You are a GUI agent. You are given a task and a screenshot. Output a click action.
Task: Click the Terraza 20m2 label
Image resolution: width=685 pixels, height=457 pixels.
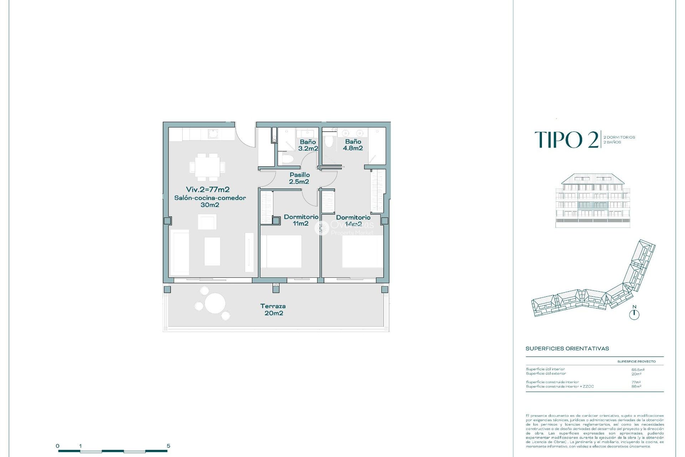[x=273, y=310]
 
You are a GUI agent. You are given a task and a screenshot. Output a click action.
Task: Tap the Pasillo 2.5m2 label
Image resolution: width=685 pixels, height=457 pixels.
[x=299, y=178]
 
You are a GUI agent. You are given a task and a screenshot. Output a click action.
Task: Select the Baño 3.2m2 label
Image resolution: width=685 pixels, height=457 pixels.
[x=308, y=145]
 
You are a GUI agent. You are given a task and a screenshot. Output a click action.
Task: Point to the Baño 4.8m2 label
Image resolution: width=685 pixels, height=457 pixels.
[x=353, y=145]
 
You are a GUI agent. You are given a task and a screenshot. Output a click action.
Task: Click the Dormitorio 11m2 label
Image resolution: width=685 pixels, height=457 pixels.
[x=301, y=220]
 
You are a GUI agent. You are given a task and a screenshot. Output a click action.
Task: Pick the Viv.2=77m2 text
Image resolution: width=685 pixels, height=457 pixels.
[x=208, y=190]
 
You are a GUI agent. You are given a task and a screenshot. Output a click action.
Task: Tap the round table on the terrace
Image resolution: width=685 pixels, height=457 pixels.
[x=215, y=303]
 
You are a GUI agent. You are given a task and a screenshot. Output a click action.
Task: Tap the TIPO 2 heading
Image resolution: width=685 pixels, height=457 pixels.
[x=566, y=140]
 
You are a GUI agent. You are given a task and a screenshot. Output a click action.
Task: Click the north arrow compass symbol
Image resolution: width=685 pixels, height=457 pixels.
[x=634, y=314]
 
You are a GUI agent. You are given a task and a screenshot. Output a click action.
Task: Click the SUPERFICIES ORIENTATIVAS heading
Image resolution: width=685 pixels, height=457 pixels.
[x=567, y=348]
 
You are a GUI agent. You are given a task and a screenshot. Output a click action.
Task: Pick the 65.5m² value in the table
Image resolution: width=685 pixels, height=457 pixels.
[x=638, y=370]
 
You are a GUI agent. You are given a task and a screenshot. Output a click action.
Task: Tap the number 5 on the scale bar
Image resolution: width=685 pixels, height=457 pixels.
[x=168, y=446]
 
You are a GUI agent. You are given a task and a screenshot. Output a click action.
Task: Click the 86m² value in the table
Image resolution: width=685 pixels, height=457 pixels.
[x=636, y=386]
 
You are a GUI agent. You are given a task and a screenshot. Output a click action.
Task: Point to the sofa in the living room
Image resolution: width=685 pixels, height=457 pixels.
[x=179, y=252]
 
